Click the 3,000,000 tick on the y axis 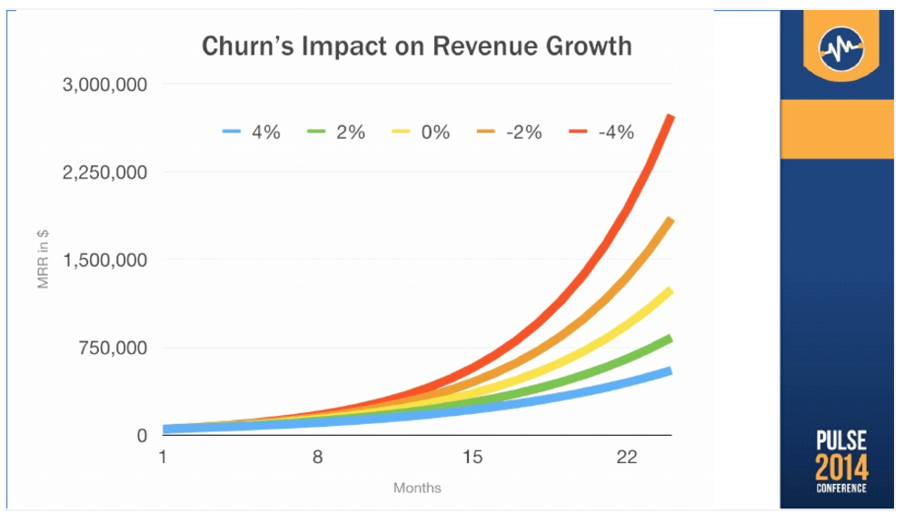(104, 84)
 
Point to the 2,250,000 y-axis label (104, 173)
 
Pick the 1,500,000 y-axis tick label (104, 261)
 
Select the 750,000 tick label (113, 348)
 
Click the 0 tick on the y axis (142, 436)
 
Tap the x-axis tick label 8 (317, 458)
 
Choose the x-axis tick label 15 (472, 458)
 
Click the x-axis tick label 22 (627, 458)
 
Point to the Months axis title (417, 488)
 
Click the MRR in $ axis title (44, 259)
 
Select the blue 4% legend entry (252, 132)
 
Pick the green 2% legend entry (336, 132)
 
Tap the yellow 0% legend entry (421, 132)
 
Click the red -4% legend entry (601, 132)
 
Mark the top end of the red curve (671, 116)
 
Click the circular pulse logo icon (841, 49)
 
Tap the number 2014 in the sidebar (841, 468)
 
